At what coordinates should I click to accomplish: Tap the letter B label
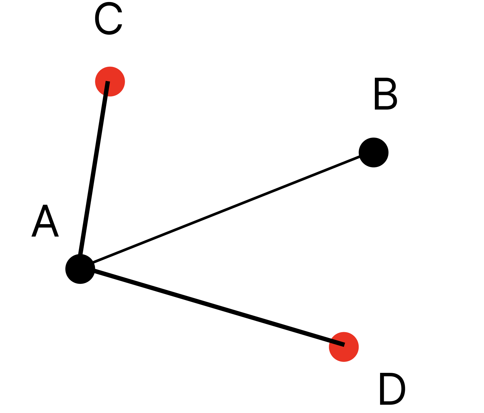pyautogui.click(x=385, y=94)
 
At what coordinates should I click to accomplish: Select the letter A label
pyautogui.click(x=45, y=221)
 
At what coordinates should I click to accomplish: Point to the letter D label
pyautogui.click(x=392, y=389)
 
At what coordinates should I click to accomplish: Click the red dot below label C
pyautogui.click(x=110, y=81)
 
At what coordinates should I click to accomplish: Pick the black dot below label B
pyautogui.click(x=373, y=152)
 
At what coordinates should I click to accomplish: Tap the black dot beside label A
pyautogui.click(x=80, y=269)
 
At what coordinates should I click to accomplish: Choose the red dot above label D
pyautogui.click(x=344, y=347)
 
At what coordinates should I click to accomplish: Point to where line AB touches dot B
pyautogui.click(x=360, y=156)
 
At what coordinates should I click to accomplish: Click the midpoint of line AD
pyautogui.click(x=212, y=307)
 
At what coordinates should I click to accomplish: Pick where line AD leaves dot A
pyautogui.click(x=94, y=271)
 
